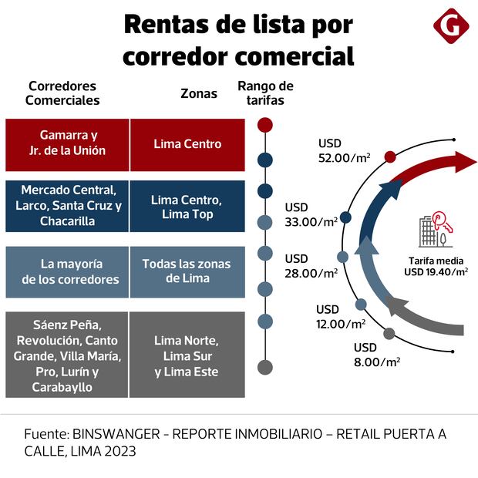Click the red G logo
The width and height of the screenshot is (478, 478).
pos(451,27)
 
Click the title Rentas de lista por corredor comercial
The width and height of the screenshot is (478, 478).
pos(238,40)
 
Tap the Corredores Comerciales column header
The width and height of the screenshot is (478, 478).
pos(62,93)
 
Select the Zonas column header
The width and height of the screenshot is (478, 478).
pos(198,93)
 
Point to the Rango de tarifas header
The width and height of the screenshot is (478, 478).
pos(265,93)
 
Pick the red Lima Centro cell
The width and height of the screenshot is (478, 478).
pos(187,144)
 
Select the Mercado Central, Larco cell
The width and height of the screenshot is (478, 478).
pos(67,205)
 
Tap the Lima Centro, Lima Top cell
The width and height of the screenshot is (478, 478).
pos(187,206)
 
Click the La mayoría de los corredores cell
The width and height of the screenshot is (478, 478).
pos(67,271)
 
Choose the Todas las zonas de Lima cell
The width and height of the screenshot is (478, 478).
pos(187,271)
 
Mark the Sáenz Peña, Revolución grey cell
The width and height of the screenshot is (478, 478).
pos(67,355)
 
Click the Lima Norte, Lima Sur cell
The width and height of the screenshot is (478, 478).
pos(187,355)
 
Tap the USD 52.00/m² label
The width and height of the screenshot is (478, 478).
pos(344,150)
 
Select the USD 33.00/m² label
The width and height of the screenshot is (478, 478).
pos(311,214)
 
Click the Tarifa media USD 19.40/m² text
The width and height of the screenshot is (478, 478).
pos(436,265)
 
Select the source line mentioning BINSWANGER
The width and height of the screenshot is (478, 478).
pos(235,443)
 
